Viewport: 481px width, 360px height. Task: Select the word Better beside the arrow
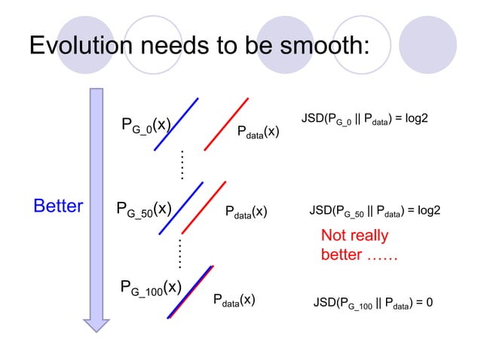point(58,206)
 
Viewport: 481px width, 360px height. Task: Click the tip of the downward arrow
point(96,328)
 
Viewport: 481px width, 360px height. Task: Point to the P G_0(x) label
point(146,124)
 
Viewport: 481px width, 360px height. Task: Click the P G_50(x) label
point(144,209)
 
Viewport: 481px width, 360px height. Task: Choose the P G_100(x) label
point(151,288)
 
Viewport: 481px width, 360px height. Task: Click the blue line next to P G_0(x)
point(176,124)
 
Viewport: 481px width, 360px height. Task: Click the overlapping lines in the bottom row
point(191,292)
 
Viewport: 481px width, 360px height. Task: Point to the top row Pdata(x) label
point(259,133)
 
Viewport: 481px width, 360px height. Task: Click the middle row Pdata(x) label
point(246,211)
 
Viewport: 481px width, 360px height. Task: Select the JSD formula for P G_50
point(375,211)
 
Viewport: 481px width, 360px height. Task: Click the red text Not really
point(354,236)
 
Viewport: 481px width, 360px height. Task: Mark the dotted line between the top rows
point(182,163)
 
